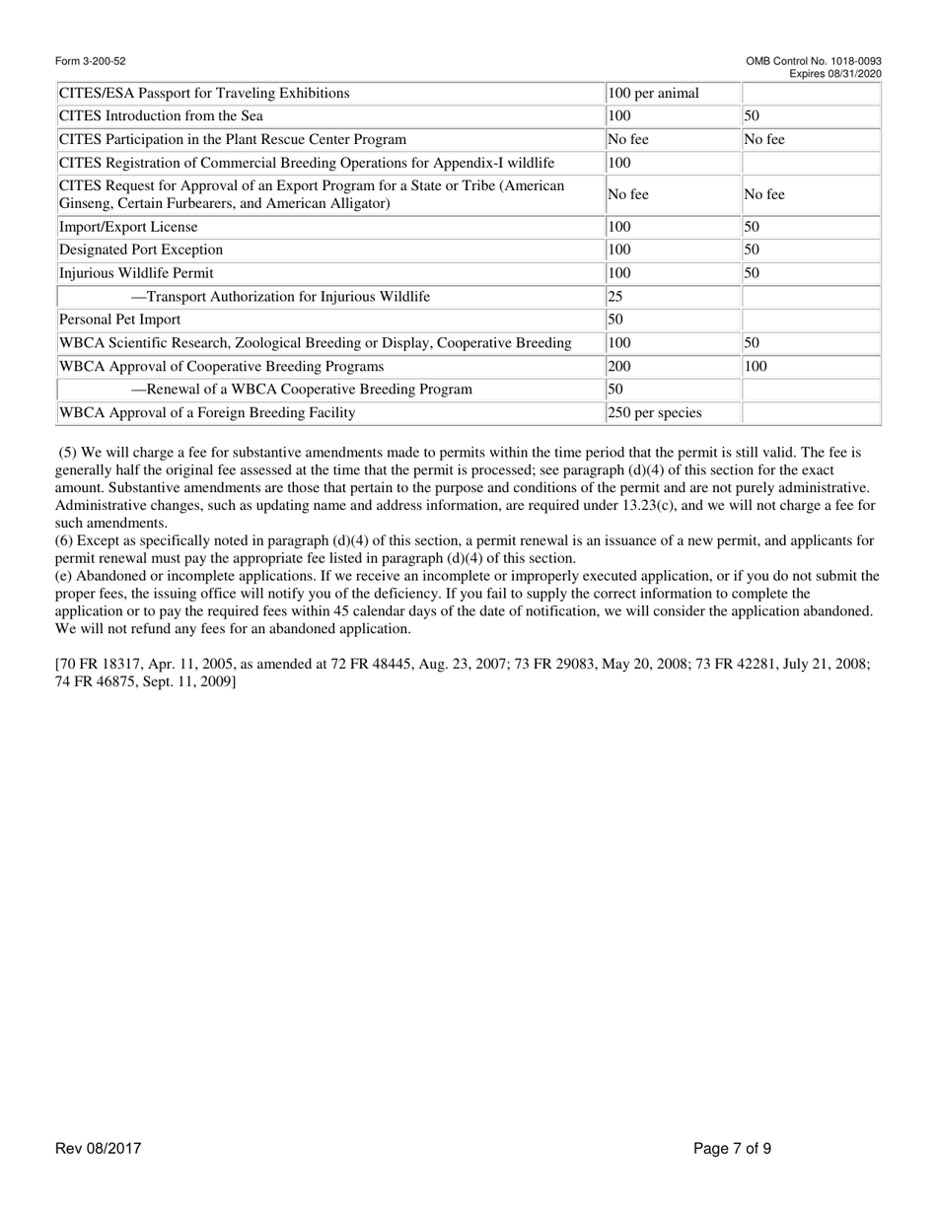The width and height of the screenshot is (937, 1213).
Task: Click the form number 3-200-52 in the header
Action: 91,62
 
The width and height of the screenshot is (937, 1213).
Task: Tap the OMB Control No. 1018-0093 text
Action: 814,62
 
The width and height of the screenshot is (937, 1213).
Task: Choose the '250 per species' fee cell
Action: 655,413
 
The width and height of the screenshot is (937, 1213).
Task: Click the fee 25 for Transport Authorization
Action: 615,297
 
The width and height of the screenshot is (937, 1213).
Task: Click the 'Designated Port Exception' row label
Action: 141,250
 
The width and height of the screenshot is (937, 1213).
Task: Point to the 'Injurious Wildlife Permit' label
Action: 136,273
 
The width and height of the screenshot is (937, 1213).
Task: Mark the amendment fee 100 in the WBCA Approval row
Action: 756,366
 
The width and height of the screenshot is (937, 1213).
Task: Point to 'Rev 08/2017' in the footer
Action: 99,1149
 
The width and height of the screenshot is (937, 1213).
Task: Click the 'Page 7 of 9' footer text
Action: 732,1149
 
